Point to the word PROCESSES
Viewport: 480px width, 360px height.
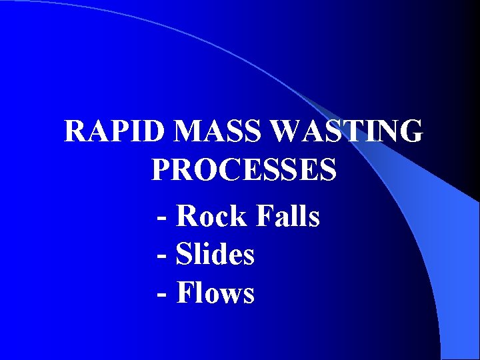pyautogui.click(x=244, y=170)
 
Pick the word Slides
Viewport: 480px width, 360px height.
pyautogui.click(x=215, y=254)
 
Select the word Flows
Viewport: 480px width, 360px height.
pyautogui.click(x=215, y=293)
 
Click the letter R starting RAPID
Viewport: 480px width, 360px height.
pyautogui.click(x=75, y=131)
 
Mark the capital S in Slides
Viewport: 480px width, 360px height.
pyautogui.click(x=183, y=254)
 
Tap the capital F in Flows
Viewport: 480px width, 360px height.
pyautogui.click(x=185, y=293)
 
